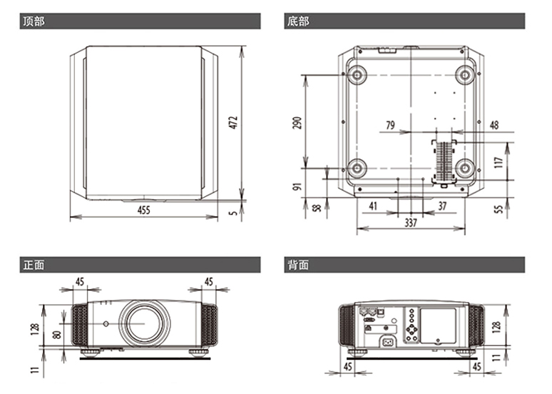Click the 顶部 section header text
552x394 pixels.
point(34,21)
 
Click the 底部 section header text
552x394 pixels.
point(297,21)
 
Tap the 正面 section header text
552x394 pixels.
point(34,266)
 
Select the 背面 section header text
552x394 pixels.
point(297,266)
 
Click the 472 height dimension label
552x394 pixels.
point(233,122)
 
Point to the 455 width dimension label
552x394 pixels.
point(144,211)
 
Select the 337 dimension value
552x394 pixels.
point(411,223)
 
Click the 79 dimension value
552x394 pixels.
point(390,126)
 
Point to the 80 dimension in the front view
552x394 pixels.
point(57,334)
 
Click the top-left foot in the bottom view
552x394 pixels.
point(355,74)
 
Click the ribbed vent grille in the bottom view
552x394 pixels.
point(445,160)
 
